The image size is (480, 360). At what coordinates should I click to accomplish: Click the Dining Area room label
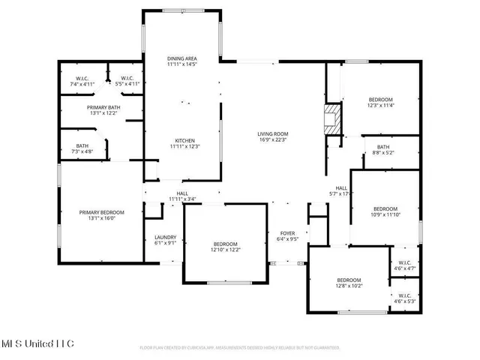[x=181, y=61]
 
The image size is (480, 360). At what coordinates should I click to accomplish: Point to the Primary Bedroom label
[x=101, y=215]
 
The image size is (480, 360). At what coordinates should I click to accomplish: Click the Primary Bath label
[x=105, y=110]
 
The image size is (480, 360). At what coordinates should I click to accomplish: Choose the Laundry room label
[x=165, y=239]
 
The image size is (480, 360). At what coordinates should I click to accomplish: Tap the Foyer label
[x=289, y=236]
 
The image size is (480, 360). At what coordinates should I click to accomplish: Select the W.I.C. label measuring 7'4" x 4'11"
[x=82, y=81]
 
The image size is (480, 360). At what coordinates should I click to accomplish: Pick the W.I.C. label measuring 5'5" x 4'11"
[x=124, y=81]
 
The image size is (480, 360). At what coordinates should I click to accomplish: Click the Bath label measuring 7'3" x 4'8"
[x=82, y=148]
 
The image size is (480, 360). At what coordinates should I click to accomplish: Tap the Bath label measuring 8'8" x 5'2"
[x=383, y=149]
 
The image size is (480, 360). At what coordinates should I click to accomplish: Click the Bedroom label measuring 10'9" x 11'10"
[x=385, y=211]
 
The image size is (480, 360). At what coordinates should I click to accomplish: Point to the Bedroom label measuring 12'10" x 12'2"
[x=225, y=247]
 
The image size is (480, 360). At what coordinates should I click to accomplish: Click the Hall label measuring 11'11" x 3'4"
[x=182, y=196]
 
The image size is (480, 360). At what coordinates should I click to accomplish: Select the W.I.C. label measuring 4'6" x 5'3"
[x=404, y=298]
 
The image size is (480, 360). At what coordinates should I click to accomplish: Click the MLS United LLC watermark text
[x=37, y=343]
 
